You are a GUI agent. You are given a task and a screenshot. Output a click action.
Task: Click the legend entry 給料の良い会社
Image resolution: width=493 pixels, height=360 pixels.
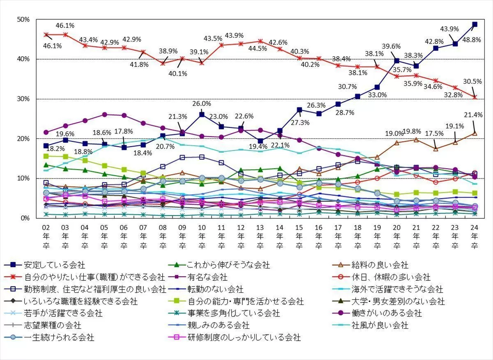click(382, 265)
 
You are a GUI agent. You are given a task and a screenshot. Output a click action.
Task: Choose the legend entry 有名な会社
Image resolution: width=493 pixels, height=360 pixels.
click(207, 277)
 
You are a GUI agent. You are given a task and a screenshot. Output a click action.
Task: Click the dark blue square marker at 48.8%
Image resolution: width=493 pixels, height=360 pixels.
click(475, 24)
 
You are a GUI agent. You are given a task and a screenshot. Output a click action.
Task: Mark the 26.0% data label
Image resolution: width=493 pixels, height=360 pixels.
click(202, 104)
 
